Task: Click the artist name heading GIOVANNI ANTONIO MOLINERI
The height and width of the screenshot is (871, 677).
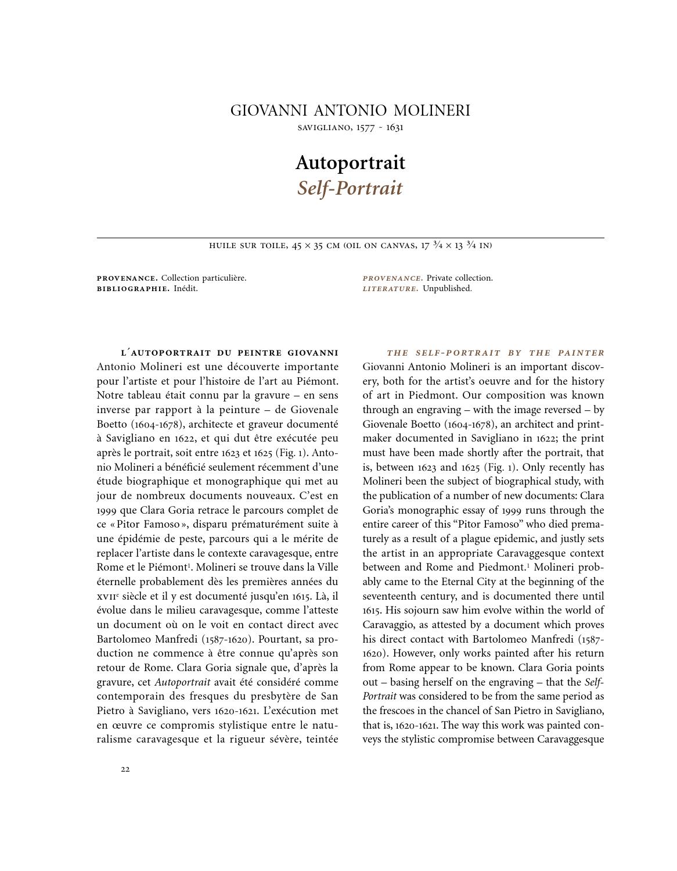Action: (x=350, y=110)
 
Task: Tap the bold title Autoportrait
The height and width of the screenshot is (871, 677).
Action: (x=350, y=163)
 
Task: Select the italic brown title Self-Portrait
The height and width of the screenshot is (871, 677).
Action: (x=350, y=188)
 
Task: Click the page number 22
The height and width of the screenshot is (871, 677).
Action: (x=125, y=769)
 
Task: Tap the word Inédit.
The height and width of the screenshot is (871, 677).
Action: (x=186, y=289)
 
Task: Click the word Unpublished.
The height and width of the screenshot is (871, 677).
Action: (x=447, y=289)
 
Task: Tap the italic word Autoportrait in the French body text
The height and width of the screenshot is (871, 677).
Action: (x=182, y=682)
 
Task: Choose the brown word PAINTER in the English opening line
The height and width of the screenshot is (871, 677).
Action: (x=581, y=353)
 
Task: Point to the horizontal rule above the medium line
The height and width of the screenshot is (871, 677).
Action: (x=350, y=238)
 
